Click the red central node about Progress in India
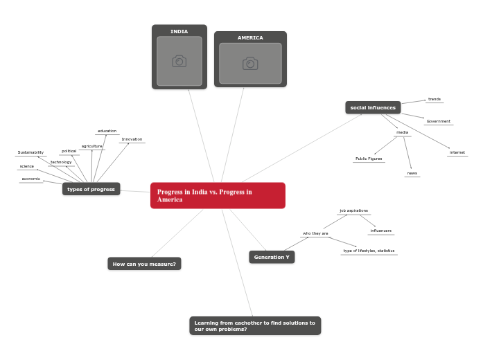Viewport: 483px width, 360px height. pos(218,195)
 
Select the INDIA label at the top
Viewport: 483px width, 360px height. pos(179,32)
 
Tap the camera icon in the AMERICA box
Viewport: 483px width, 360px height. pos(250,64)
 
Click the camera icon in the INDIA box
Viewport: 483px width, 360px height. pos(179,62)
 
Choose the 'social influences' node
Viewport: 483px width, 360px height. pos(373,107)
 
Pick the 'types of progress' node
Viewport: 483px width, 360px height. pos(91,189)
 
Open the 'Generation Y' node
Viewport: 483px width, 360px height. pos(272,257)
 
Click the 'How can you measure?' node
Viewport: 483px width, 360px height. pos(144,264)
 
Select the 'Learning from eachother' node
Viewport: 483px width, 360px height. pos(254,325)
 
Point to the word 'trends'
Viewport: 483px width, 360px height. pos(434,99)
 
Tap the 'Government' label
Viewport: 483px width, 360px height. pos(439,121)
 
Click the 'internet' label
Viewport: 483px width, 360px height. pos(457,152)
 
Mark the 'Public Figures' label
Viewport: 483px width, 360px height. pos(369,159)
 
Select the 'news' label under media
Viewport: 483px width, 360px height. pos(412,173)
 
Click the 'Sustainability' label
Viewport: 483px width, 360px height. pos(30,152)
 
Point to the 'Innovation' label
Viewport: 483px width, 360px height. pos(132,139)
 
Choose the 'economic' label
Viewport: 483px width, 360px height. pos(31,179)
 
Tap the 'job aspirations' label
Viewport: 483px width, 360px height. pos(353,210)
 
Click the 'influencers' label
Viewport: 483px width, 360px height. pos(380,230)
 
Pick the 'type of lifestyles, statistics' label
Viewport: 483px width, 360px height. pos(369,251)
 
